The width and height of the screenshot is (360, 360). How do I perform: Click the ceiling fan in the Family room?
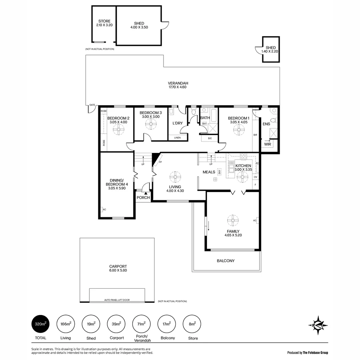(x=233, y=220)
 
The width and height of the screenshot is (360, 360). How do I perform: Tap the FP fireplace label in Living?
(x=160, y=162)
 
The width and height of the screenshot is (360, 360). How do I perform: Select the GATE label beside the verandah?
(x=92, y=105)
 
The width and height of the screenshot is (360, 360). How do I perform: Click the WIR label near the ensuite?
(x=267, y=144)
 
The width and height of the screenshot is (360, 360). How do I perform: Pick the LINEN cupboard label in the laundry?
(x=177, y=137)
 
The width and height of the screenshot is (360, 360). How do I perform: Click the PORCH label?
(x=143, y=198)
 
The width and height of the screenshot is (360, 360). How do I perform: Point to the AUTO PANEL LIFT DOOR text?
(x=117, y=300)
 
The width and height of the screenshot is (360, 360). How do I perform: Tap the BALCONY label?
(x=226, y=261)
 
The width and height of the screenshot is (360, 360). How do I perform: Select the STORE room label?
(x=104, y=21)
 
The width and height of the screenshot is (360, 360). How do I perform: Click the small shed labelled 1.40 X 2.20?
(x=271, y=50)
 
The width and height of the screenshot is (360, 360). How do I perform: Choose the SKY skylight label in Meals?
(x=219, y=172)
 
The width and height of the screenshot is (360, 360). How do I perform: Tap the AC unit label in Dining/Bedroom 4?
(x=104, y=209)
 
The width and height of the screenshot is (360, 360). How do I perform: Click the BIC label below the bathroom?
(x=210, y=138)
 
